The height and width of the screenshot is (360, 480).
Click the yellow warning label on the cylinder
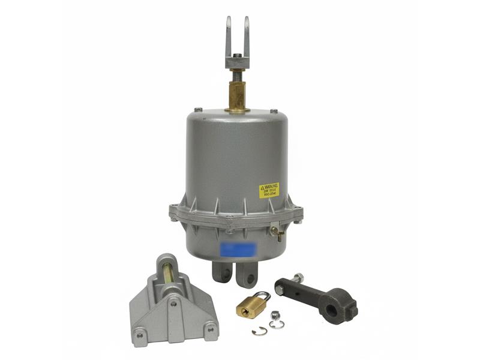269,190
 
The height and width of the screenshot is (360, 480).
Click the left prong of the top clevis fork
229,36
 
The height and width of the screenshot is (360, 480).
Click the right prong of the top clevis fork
247,36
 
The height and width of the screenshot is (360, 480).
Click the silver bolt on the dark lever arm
299,277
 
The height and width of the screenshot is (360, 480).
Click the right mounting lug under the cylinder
247,277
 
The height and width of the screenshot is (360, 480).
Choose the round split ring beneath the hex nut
277,325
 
